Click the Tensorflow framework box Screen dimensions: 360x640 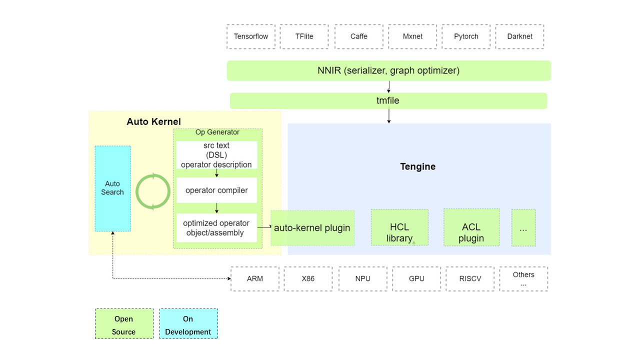251,36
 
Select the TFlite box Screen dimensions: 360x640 304,36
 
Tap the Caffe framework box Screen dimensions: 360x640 358,36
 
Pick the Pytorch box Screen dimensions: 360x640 466,36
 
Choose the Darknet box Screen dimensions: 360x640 519,36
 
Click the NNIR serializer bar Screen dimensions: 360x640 388,70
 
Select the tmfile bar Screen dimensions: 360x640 388,100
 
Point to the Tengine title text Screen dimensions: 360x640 417,166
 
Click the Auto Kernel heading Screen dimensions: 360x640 153,121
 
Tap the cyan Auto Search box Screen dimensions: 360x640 112,188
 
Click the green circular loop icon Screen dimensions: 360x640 153,191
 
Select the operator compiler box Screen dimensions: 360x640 216,190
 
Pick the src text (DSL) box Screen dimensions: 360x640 216,155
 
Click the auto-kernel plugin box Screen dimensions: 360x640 312,228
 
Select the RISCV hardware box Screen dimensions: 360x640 470,278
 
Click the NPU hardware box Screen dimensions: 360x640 362,278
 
